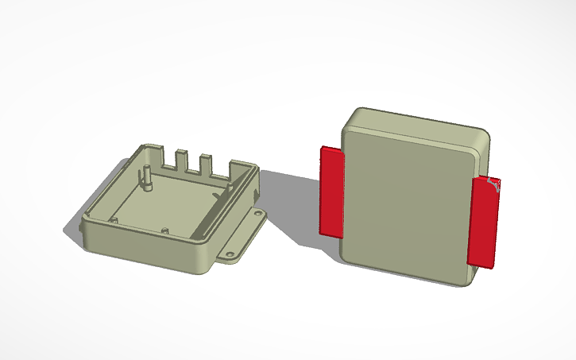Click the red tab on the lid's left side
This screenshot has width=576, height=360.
click(331, 191)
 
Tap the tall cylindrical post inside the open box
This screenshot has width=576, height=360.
click(147, 177)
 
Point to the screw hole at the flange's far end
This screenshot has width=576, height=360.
click(257, 215)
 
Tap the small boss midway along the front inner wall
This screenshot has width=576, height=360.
click(164, 230)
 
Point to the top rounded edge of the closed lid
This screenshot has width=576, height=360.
click(421, 119)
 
